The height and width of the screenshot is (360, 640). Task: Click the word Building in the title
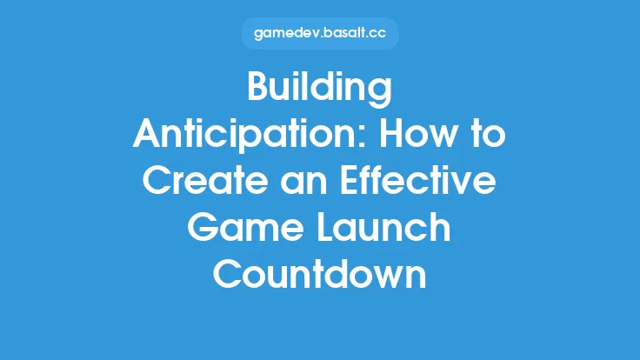click(x=320, y=90)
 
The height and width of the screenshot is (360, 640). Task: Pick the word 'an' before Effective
click(x=299, y=182)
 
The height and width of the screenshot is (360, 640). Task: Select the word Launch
click(x=380, y=228)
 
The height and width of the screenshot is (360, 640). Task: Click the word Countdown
click(x=320, y=274)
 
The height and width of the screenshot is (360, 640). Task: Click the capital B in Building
click(x=260, y=90)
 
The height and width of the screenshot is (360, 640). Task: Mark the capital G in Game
click(x=203, y=228)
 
